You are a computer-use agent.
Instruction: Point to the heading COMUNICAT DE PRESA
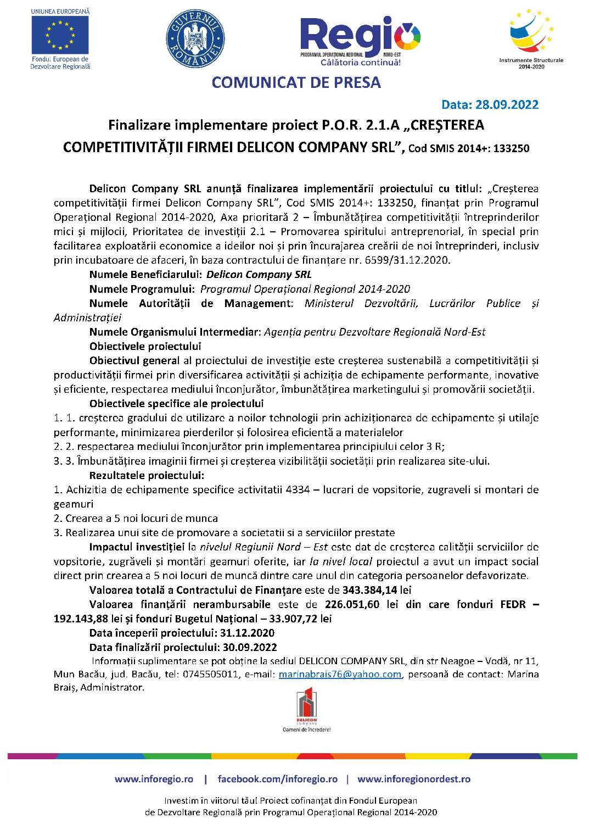(x=296, y=82)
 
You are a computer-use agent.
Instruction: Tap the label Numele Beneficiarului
(x=146, y=275)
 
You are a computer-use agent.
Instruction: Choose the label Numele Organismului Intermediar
(x=175, y=332)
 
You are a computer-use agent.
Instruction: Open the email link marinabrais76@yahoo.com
(x=340, y=674)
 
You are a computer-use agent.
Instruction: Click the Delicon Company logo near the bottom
(x=307, y=710)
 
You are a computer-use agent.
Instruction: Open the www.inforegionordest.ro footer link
(x=413, y=779)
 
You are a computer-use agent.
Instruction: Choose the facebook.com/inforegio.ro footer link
(x=277, y=779)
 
